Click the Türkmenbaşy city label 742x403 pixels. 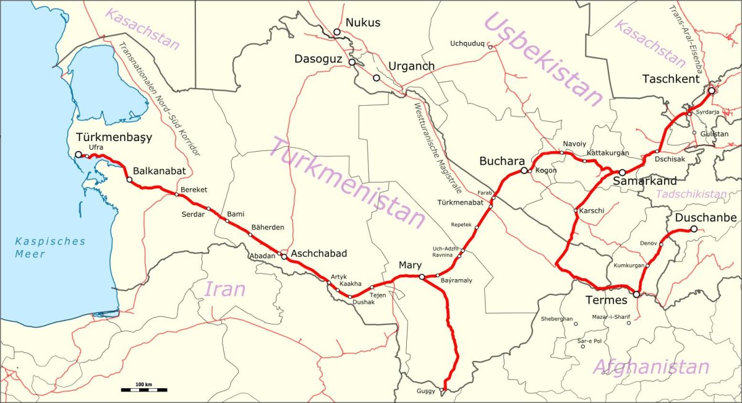click(x=113, y=137)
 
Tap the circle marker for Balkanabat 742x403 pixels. click(x=129, y=180)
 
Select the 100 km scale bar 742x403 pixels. click(x=144, y=389)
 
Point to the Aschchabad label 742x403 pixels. click(x=318, y=253)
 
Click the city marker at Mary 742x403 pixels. click(x=422, y=277)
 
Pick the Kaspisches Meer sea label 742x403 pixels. click(x=50, y=247)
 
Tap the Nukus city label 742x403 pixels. click(x=363, y=23)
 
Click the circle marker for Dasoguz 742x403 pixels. click(x=352, y=63)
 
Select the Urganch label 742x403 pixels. click(x=411, y=66)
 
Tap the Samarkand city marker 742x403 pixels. click(x=623, y=172)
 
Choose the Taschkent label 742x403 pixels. click(x=671, y=79)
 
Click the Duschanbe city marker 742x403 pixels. click(x=694, y=229)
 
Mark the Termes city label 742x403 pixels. click(x=606, y=300)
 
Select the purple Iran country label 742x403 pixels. click(x=224, y=288)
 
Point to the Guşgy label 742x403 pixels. click(x=426, y=391)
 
